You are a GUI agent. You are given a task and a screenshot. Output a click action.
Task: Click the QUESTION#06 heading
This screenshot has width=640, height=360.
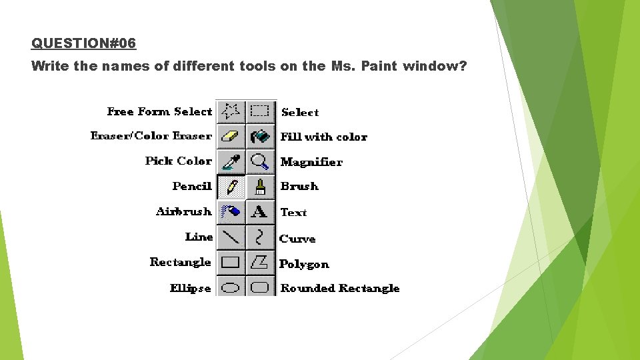click(x=83, y=43)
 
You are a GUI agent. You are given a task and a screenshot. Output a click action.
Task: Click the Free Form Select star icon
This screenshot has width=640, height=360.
click(x=231, y=111)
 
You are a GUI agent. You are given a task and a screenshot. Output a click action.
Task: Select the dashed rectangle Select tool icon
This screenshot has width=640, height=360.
click(x=260, y=111)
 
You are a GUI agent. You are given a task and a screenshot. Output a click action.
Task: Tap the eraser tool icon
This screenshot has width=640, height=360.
click(x=231, y=136)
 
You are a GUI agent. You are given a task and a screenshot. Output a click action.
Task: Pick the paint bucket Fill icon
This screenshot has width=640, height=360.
click(x=260, y=136)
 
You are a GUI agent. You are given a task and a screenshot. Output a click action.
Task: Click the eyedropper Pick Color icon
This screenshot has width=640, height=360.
click(x=231, y=161)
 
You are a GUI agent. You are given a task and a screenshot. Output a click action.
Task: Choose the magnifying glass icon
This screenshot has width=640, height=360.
click(x=260, y=161)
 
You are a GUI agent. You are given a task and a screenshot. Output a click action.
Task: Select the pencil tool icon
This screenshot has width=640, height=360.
click(x=231, y=187)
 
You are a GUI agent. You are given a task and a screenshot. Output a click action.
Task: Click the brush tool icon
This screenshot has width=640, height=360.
click(x=260, y=187)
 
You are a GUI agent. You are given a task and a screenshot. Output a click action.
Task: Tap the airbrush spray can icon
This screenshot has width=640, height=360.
click(x=231, y=212)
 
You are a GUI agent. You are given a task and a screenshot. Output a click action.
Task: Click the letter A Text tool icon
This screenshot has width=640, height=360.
click(x=260, y=212)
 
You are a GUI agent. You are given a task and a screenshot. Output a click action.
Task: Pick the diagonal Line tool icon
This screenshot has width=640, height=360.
click(x=231, y=237)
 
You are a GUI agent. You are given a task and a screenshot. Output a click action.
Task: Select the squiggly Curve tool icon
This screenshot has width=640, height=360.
click(x=260, y=237)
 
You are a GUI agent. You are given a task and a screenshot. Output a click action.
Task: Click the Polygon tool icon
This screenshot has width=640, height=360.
click(x=260, y=262)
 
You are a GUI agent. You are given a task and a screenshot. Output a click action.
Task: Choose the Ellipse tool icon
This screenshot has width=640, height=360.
click(x=231, y=287)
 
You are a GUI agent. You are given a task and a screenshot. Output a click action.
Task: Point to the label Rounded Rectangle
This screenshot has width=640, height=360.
click(x=340, y=288)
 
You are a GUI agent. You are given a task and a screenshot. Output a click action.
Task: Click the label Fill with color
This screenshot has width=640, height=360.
click(x=324, y=137)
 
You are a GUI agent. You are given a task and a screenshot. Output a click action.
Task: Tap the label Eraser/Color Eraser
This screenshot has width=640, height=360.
click(x=151, y=136)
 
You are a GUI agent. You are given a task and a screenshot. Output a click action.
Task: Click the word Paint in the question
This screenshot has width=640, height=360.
click(x=379, y=66)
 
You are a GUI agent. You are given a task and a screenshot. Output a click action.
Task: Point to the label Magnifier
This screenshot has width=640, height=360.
click(x=311, y=162)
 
